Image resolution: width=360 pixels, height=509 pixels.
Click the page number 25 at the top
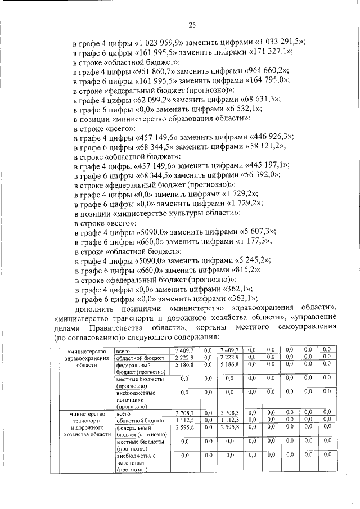pos(191,25)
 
